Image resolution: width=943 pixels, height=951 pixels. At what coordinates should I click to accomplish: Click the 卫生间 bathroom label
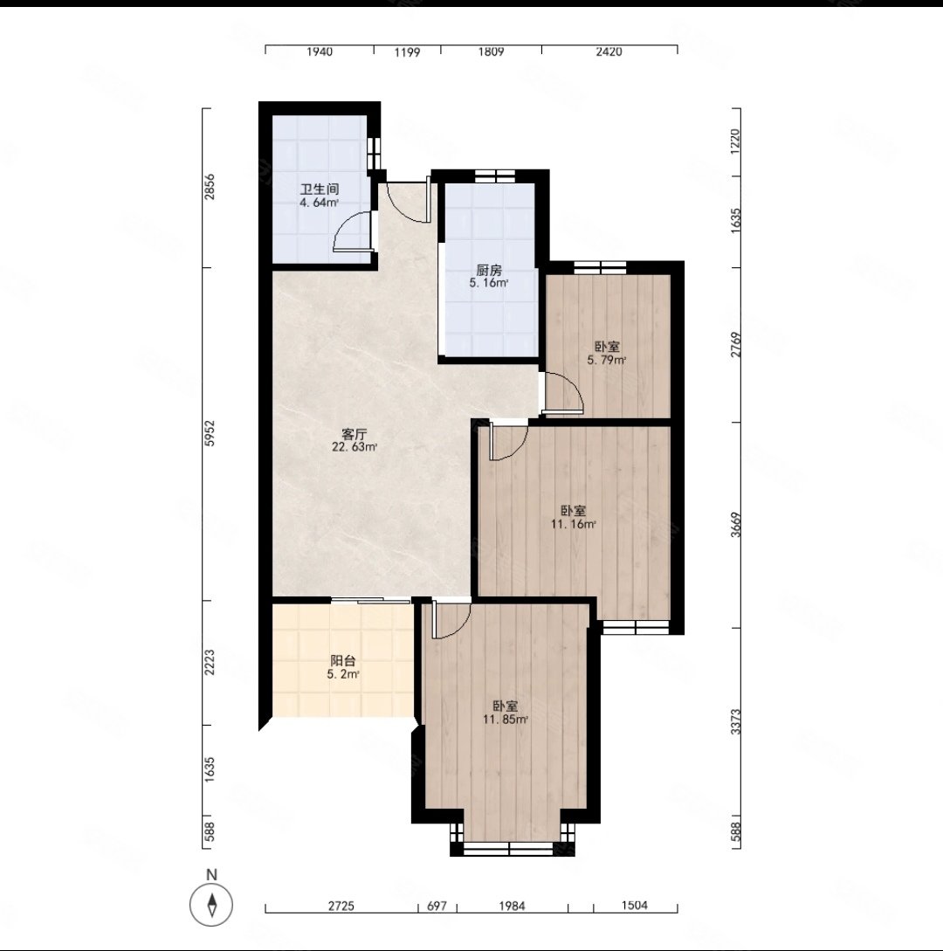(x=320, y=190)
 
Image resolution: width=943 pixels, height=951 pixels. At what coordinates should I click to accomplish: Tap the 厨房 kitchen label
(x=489, y=271)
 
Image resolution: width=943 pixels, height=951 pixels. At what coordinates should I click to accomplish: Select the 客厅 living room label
(x=354, y=434)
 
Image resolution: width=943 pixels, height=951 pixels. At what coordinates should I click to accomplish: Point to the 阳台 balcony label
(x=343, y=661)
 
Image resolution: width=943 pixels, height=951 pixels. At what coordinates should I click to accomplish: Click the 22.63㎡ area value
(x=354, y=448)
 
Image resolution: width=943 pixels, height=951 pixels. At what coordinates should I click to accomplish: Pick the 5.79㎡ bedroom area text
(x=607, y=361)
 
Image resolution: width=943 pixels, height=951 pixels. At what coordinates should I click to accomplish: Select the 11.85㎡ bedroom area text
(x=506, y=720)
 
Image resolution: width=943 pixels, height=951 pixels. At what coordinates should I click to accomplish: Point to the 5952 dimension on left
(x=210, y=434)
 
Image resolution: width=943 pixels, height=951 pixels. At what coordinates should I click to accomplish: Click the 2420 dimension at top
(x=609, y=52)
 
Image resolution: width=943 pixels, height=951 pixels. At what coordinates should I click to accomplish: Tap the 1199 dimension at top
(x=407, y=52)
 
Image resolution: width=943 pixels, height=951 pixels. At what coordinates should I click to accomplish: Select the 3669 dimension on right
(x=735, y=525)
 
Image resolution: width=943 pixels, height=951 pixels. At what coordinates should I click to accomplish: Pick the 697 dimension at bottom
(x=437, y=906)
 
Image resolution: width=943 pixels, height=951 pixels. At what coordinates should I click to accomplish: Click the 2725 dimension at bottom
(x=341, y=906)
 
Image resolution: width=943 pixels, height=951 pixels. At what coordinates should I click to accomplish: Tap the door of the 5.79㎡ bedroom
(x=563, y=393)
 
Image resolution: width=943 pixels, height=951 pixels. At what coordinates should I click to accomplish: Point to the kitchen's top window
(x=495, y=176)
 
